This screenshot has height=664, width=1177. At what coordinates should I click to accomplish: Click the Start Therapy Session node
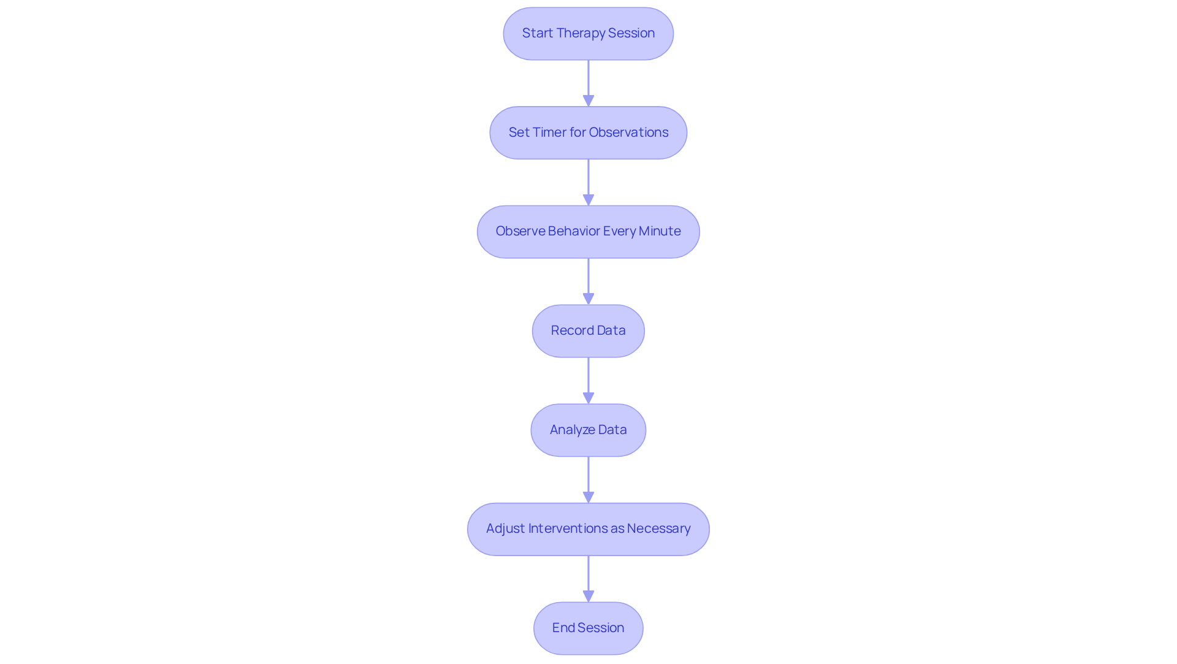pos(588,34)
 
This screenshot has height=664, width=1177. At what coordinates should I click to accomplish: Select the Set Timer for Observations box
pos(588,133)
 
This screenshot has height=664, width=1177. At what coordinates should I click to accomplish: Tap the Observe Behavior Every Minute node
pos(588,232)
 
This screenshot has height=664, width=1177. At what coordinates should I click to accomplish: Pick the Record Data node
pos(588,331)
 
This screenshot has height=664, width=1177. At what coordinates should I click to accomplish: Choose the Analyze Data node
pos(588,430)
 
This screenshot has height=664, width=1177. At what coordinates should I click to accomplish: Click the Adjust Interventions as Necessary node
pos(588,529)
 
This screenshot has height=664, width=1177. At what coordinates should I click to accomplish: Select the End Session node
pos(588,628)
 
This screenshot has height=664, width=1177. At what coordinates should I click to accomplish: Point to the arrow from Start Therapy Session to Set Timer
pos(588,83)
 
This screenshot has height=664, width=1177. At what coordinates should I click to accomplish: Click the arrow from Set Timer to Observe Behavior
pos(588,182)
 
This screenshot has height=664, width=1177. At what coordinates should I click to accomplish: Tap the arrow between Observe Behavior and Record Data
pos(588,281)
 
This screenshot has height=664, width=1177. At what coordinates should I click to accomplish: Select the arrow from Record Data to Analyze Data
pos(588,380)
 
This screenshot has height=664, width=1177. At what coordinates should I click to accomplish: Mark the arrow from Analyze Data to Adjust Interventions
pos(588,479)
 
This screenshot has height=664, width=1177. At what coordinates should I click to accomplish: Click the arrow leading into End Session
pos(588,578)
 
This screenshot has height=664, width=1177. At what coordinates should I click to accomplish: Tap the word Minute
pos(660,231)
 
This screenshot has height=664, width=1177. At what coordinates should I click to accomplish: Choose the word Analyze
pos(572,430)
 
